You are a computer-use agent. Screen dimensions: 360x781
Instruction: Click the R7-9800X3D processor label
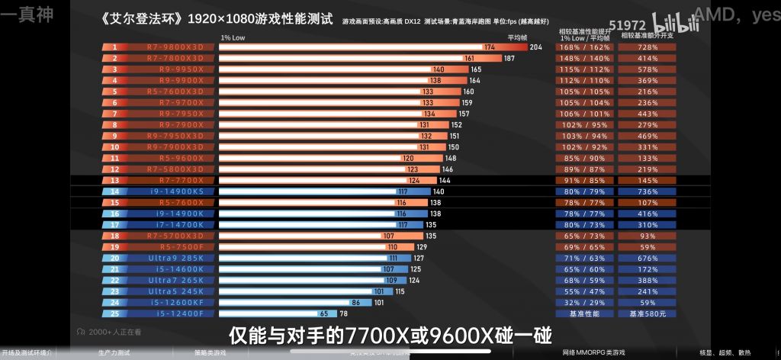[175, 47]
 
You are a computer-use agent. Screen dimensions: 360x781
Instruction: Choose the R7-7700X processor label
[175, 180]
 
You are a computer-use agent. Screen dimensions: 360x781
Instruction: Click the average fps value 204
[535, 47]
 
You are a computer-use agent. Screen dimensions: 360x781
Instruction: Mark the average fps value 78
[343, 313]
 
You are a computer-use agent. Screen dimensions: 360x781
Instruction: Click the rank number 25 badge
[115, 313]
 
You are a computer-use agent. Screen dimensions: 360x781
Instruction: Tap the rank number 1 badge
[115, 47]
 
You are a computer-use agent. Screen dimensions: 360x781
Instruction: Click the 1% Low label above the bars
[233, 37]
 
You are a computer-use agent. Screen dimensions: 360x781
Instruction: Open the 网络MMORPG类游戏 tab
[593, 352]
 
